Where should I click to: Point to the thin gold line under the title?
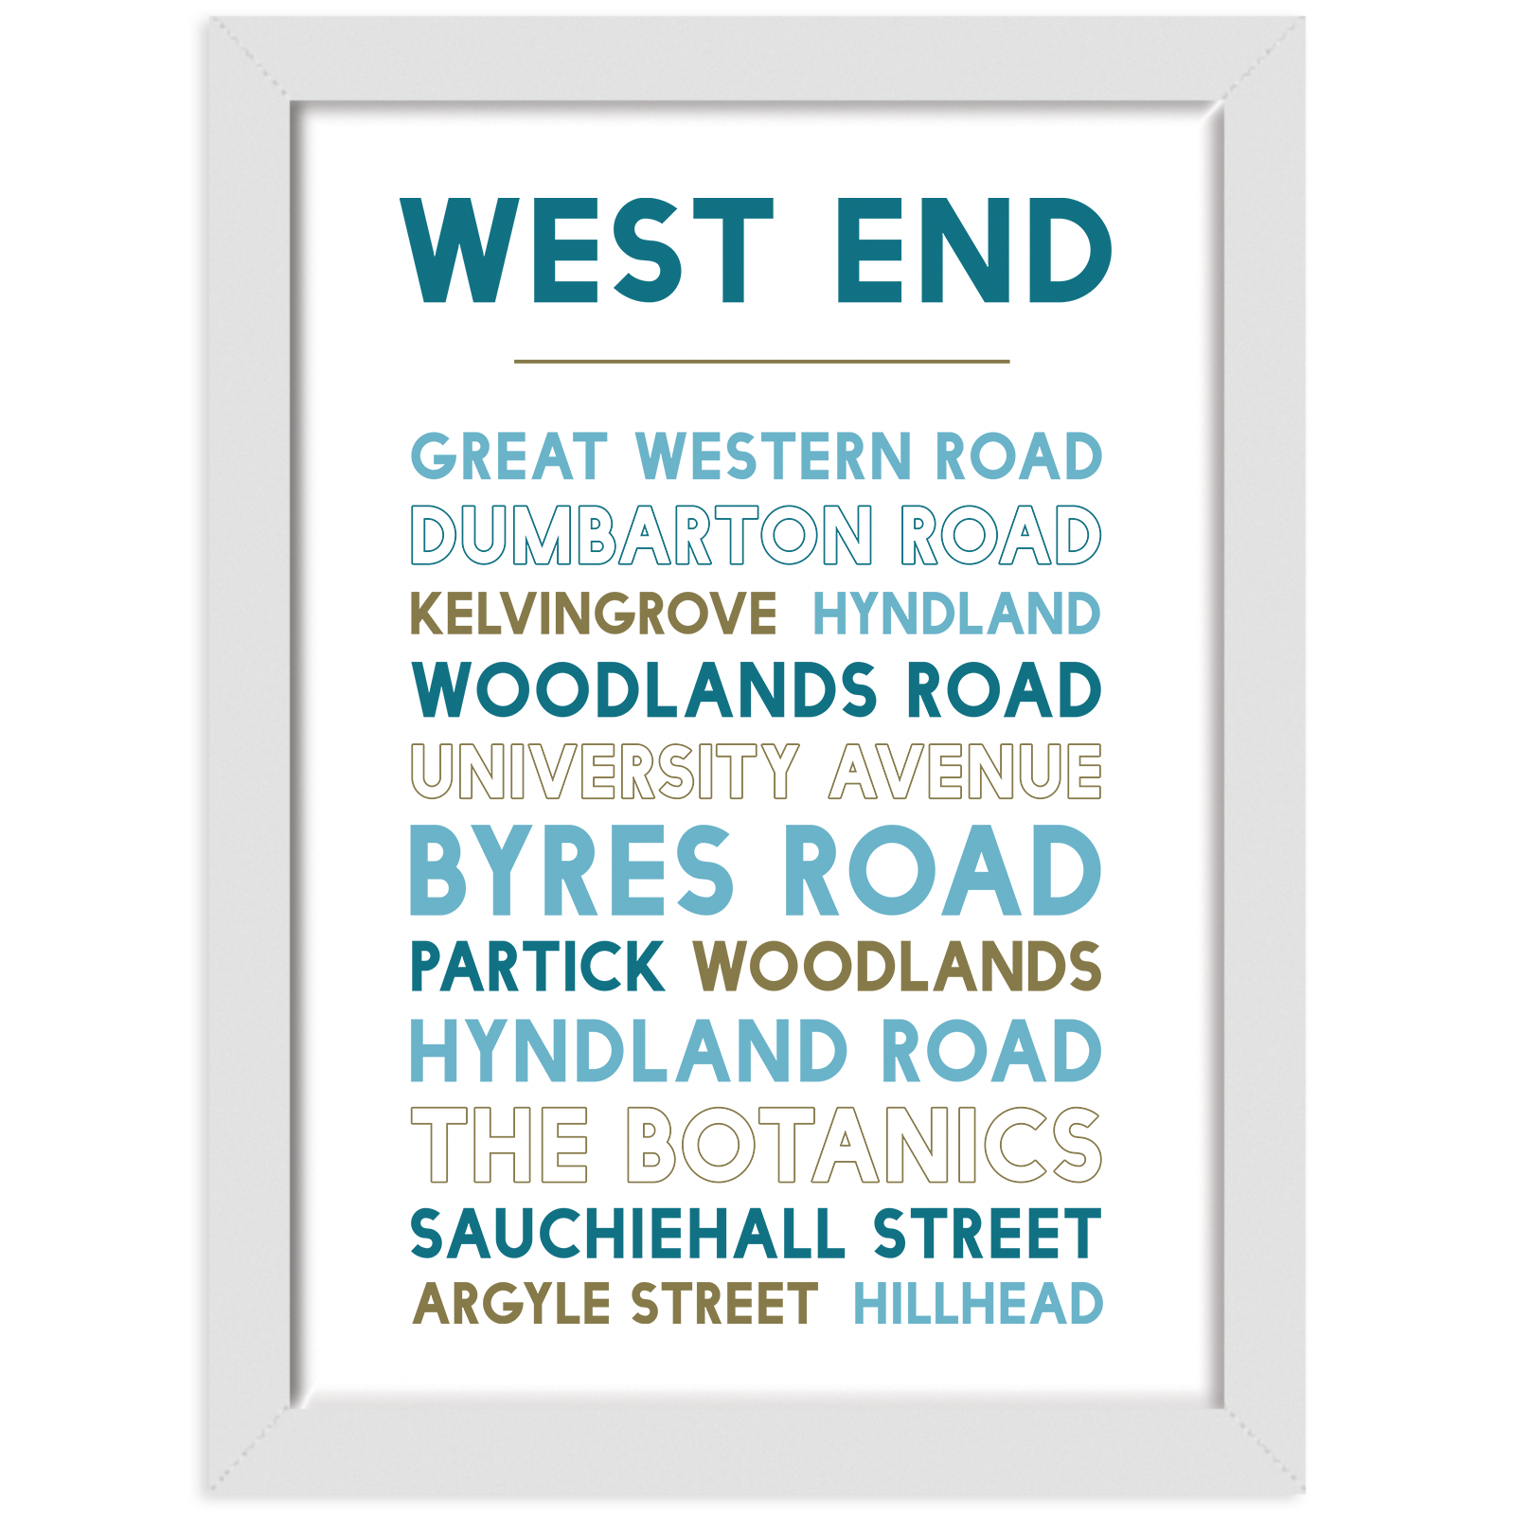[x=761, y=361]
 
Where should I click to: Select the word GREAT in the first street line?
[x=508, y=456]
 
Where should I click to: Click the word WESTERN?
[x=773, y=456]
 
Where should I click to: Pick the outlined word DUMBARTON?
[x=641, y=536]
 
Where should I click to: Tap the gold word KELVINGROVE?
[x=594, y=614]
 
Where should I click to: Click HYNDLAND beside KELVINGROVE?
[x=956, y=614]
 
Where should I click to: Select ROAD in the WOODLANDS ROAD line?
[x=1004, y=689]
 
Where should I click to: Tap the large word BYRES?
[x=572, y=870]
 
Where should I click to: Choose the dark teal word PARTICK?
[x=538, y=967]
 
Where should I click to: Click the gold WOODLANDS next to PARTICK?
[x=898, y=967]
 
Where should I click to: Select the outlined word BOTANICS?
[x=864, y=1145]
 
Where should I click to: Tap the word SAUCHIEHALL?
[x=627, y=1234]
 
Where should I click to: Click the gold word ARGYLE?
[x=512, y=1304]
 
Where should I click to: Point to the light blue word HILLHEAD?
[x=978, y=1304]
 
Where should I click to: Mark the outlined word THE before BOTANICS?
[x=500, y=1145]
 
